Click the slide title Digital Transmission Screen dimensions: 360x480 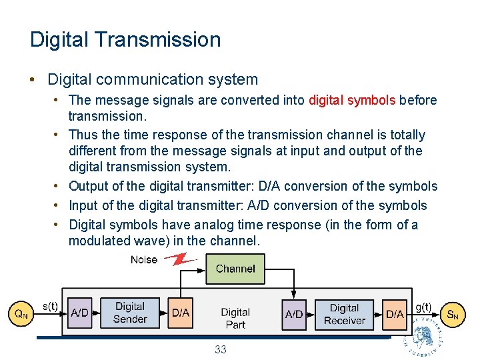point(125,39)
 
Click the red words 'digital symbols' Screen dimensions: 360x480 point(352,101)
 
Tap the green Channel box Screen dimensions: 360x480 point(235,269)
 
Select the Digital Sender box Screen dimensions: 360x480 point(130,313)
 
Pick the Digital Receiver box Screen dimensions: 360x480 point(344,314)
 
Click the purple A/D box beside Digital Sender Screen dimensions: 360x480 point(79,313)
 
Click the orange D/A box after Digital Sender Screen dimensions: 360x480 point(181,313)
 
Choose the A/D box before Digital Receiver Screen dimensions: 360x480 point(294,314)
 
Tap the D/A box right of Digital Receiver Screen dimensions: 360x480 point(395,314)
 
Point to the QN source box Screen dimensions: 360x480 point(21,313)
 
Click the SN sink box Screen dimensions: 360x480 point(452,314)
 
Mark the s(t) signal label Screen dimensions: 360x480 point(50,306)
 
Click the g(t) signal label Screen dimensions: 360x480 point(423,307)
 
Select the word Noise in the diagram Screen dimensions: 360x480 point(144,260)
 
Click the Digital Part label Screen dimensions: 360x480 point(235,318)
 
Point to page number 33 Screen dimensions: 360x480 point(221,349)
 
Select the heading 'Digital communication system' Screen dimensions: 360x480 point(153,80)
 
